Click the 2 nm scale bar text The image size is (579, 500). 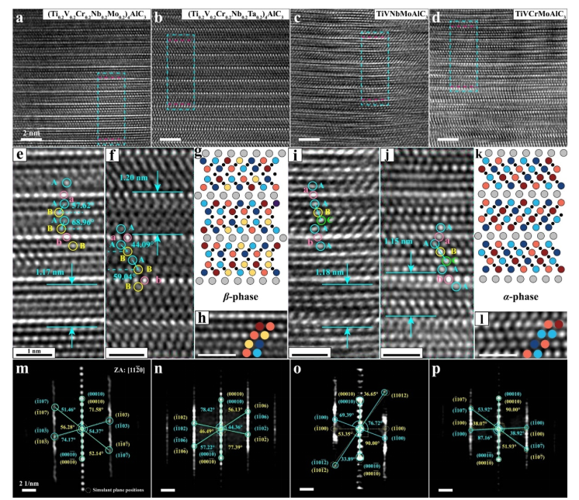(x=31, y=133)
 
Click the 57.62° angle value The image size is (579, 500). (x=83, y=207)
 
